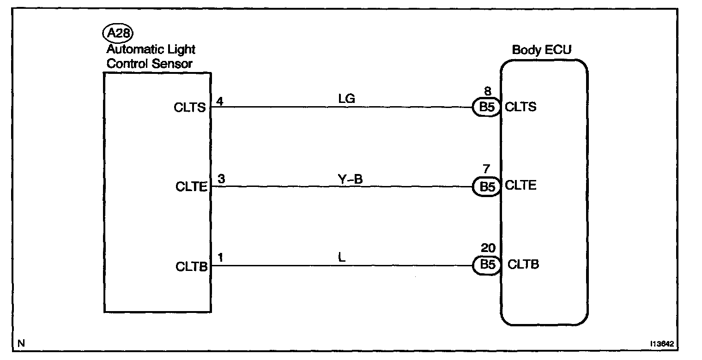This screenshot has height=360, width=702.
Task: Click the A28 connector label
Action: point(117,33)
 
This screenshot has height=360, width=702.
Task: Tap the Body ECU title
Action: point(541,50)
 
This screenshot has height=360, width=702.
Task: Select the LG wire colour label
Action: point(346,99)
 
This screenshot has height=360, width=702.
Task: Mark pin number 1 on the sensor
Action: point(220,258)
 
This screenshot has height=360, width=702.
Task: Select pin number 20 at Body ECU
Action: point(488,249)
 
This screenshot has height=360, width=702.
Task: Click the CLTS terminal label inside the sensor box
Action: point(190,108)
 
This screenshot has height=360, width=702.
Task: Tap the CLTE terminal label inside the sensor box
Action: point(190,187)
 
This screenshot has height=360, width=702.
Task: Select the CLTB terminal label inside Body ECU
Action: point(523,264)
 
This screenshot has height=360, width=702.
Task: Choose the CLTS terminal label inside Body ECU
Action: point(520,107)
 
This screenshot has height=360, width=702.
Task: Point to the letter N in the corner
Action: point(20,343)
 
